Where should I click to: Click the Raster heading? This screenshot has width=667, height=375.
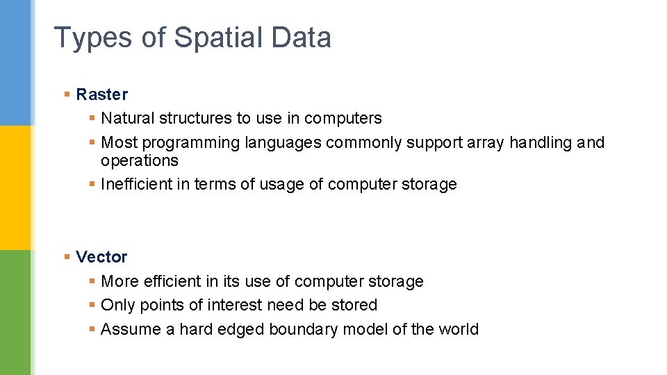tap(102, 94)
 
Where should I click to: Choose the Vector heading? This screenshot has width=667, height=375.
tap(101, 257)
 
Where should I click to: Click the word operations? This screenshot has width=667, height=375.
tap(139, 161)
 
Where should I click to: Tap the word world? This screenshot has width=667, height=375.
tap(458, 329)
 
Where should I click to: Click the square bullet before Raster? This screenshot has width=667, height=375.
tap(67, 94)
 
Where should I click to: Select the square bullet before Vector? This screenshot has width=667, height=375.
tap(67, 257)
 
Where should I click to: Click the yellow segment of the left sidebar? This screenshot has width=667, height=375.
tap(15, 187)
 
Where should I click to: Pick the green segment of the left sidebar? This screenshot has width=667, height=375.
tap(15, 312)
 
